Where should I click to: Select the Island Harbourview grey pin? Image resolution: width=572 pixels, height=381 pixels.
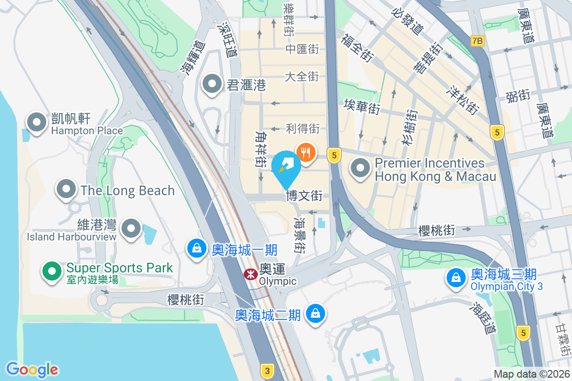[131, 229]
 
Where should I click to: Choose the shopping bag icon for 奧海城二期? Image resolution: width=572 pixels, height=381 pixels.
[315, 314]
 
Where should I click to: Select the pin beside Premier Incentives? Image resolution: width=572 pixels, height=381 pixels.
[360, 168]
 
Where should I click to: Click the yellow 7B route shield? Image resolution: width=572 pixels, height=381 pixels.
[477, 41]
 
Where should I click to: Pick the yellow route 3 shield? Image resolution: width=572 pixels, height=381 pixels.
[267, 370]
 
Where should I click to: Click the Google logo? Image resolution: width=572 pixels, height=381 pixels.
[32, 369]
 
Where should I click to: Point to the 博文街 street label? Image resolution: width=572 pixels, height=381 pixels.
[304, 196]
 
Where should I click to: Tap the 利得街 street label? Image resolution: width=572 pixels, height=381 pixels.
[303, 128]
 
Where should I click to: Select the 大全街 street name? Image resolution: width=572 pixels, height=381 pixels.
[302, 76]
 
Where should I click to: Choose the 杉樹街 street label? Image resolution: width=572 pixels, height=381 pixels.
[410, 128]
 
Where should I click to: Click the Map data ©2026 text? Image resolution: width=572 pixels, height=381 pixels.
[531, 374]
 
